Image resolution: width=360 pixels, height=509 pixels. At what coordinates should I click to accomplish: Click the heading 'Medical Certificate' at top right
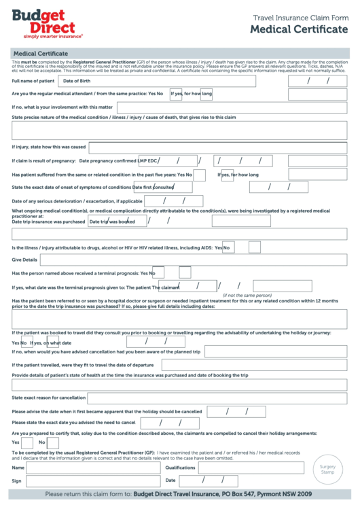tap(298, 29)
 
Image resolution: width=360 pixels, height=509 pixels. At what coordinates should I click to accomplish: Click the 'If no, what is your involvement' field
tap(232, 107)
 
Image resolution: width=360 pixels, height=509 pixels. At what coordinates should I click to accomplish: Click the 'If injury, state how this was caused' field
tap(217, 147)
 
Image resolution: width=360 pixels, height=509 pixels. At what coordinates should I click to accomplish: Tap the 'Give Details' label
tap(24, 260)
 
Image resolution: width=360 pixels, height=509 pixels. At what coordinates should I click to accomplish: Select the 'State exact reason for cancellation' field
tap(217, 398)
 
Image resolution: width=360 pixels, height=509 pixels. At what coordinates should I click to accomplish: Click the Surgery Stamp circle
tap(328, 470)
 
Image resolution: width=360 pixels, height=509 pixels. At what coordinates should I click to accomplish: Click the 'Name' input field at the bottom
tap(91, 468)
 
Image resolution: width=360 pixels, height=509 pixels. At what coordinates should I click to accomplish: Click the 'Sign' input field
tap(91, 481)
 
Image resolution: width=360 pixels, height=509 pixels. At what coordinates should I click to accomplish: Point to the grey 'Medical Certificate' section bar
tap(179, 52)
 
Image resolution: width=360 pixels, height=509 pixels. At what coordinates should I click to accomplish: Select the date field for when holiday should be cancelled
tap(236, 411)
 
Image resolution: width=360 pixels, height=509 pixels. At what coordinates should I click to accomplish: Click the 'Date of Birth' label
tap(76, 81)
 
